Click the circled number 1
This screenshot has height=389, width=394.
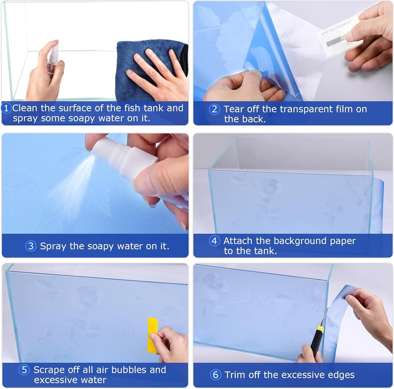(x=6, y=108)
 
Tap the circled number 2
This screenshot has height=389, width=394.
(x=214, y=109)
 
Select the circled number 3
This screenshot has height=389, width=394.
(x=31, y=246)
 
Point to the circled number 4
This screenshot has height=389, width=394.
(x=214, y=241)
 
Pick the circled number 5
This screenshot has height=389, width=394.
(x=24, y=370)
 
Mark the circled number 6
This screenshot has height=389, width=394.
(x=215, y=375)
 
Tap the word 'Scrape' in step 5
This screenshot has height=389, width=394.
(x=49, y=370)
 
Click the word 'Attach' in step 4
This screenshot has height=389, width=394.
(x=238, y=241)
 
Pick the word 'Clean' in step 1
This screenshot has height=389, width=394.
(x=25, y=108)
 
